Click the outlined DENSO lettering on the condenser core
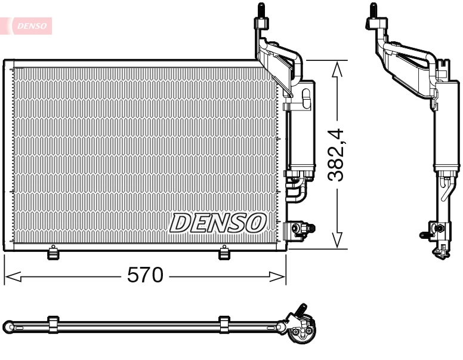click(x=217, y=223)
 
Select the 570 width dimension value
click(x=145, y=275)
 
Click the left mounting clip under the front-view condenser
click(x=53, y=253)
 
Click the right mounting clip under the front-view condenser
click(x=224, y=253)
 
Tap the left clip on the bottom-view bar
click(x=53, y=324)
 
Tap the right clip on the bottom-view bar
click(x=224, y=324)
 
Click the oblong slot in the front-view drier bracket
click(x=307, y=99)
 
